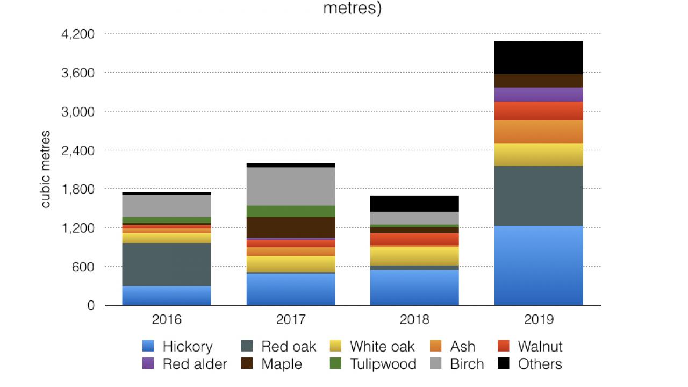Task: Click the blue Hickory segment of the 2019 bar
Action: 539,265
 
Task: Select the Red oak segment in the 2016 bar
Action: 167,264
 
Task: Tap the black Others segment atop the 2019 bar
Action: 539,58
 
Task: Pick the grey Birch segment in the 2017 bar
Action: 291,187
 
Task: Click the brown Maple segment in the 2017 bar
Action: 291,227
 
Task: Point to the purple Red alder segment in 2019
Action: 539,95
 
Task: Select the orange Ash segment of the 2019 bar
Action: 539,132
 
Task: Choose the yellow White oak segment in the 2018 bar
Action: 414,256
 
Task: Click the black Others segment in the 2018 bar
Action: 414,204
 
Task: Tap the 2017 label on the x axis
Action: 291,320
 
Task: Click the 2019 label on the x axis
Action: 539,320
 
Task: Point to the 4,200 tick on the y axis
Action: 78,34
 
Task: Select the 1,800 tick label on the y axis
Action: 78,189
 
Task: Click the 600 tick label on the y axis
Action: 84,267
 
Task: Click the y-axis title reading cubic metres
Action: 46,169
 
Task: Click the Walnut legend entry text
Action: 540,347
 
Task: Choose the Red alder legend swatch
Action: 149,364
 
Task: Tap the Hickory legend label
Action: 188,347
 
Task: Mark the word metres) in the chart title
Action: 352,9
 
